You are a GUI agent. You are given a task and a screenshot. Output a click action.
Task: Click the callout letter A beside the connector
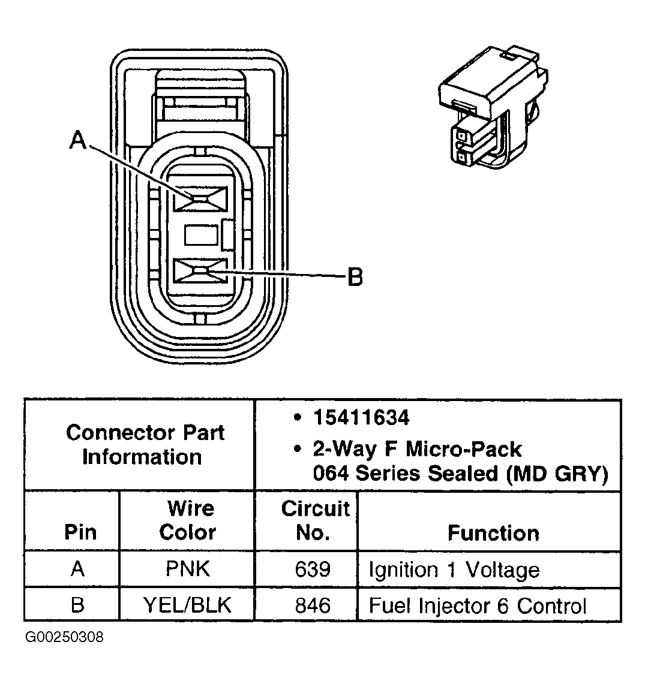pyautogui.click(x=78, y=140)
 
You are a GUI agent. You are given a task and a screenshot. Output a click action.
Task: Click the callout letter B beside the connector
pyautogui.click(x=355, y=277)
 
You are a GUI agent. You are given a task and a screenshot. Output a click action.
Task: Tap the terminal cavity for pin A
pyautogui.click(x=200, y=198)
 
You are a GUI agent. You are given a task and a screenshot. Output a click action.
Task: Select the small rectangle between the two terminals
pyautogui.click(x=200, y=234)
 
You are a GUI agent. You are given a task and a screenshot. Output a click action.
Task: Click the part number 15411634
pyautogui.click(x=361, y=418)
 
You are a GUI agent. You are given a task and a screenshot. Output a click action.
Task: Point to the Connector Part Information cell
pyautogui.click(x=145, y=445)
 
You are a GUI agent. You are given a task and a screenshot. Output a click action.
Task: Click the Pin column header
pyautogui.click(x=79, y=532)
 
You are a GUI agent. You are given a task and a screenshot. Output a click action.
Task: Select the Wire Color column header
pyautogui.click(x=188, y=520)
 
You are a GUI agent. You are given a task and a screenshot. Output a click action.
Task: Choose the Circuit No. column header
pyautogui.click(x=314, y=520)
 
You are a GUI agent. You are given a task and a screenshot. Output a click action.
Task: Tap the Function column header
pyautogui.click(x=493, y=532)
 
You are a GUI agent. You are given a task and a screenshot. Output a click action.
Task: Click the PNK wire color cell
pyautogui.click(x=188, y=569)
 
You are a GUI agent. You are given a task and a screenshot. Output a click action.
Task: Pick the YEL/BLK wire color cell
pyautogui.click(x=188, y=605)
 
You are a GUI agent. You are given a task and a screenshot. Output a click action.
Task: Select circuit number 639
pyautogui.click(x=313, y=569)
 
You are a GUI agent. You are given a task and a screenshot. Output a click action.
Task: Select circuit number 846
pyautogui.click(x=313, y=605)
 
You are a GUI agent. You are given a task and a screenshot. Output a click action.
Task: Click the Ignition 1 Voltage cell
pyautogui.click(x=454, y=569)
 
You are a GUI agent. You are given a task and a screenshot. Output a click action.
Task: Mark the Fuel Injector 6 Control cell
pyautogui.click(x=477, y=605)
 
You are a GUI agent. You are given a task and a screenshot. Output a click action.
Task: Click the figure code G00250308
pyautogui.click(x=64, y=637)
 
